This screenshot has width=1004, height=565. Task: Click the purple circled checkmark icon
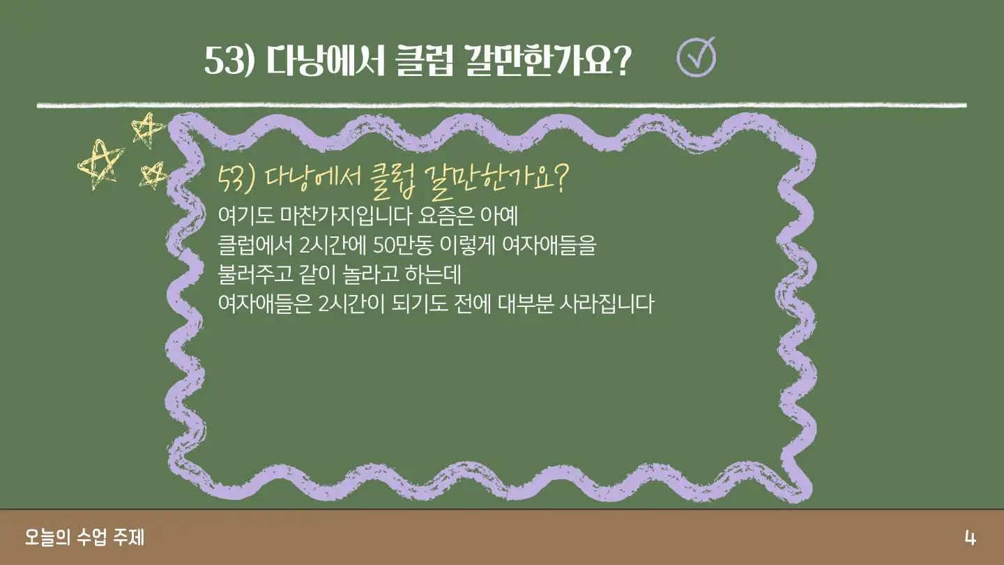click(696, 57)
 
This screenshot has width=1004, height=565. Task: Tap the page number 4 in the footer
click(971, 538)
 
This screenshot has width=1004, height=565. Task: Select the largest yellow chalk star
click(100, 165)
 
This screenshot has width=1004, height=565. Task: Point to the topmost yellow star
click(148, 130)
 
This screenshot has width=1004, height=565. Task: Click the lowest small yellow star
click(153, 175)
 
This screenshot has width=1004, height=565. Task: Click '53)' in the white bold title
click(229, 61)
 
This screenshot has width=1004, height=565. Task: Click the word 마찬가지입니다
click(345, 216)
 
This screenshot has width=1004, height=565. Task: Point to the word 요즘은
click(446, 216)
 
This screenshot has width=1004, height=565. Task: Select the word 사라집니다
click(607, 303)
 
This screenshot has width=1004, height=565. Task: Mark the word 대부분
click(525, 303)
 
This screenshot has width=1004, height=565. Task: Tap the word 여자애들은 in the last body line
click(265, 303)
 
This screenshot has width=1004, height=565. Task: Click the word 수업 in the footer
click(91, 537)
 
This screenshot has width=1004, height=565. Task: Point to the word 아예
click(499, 216)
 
